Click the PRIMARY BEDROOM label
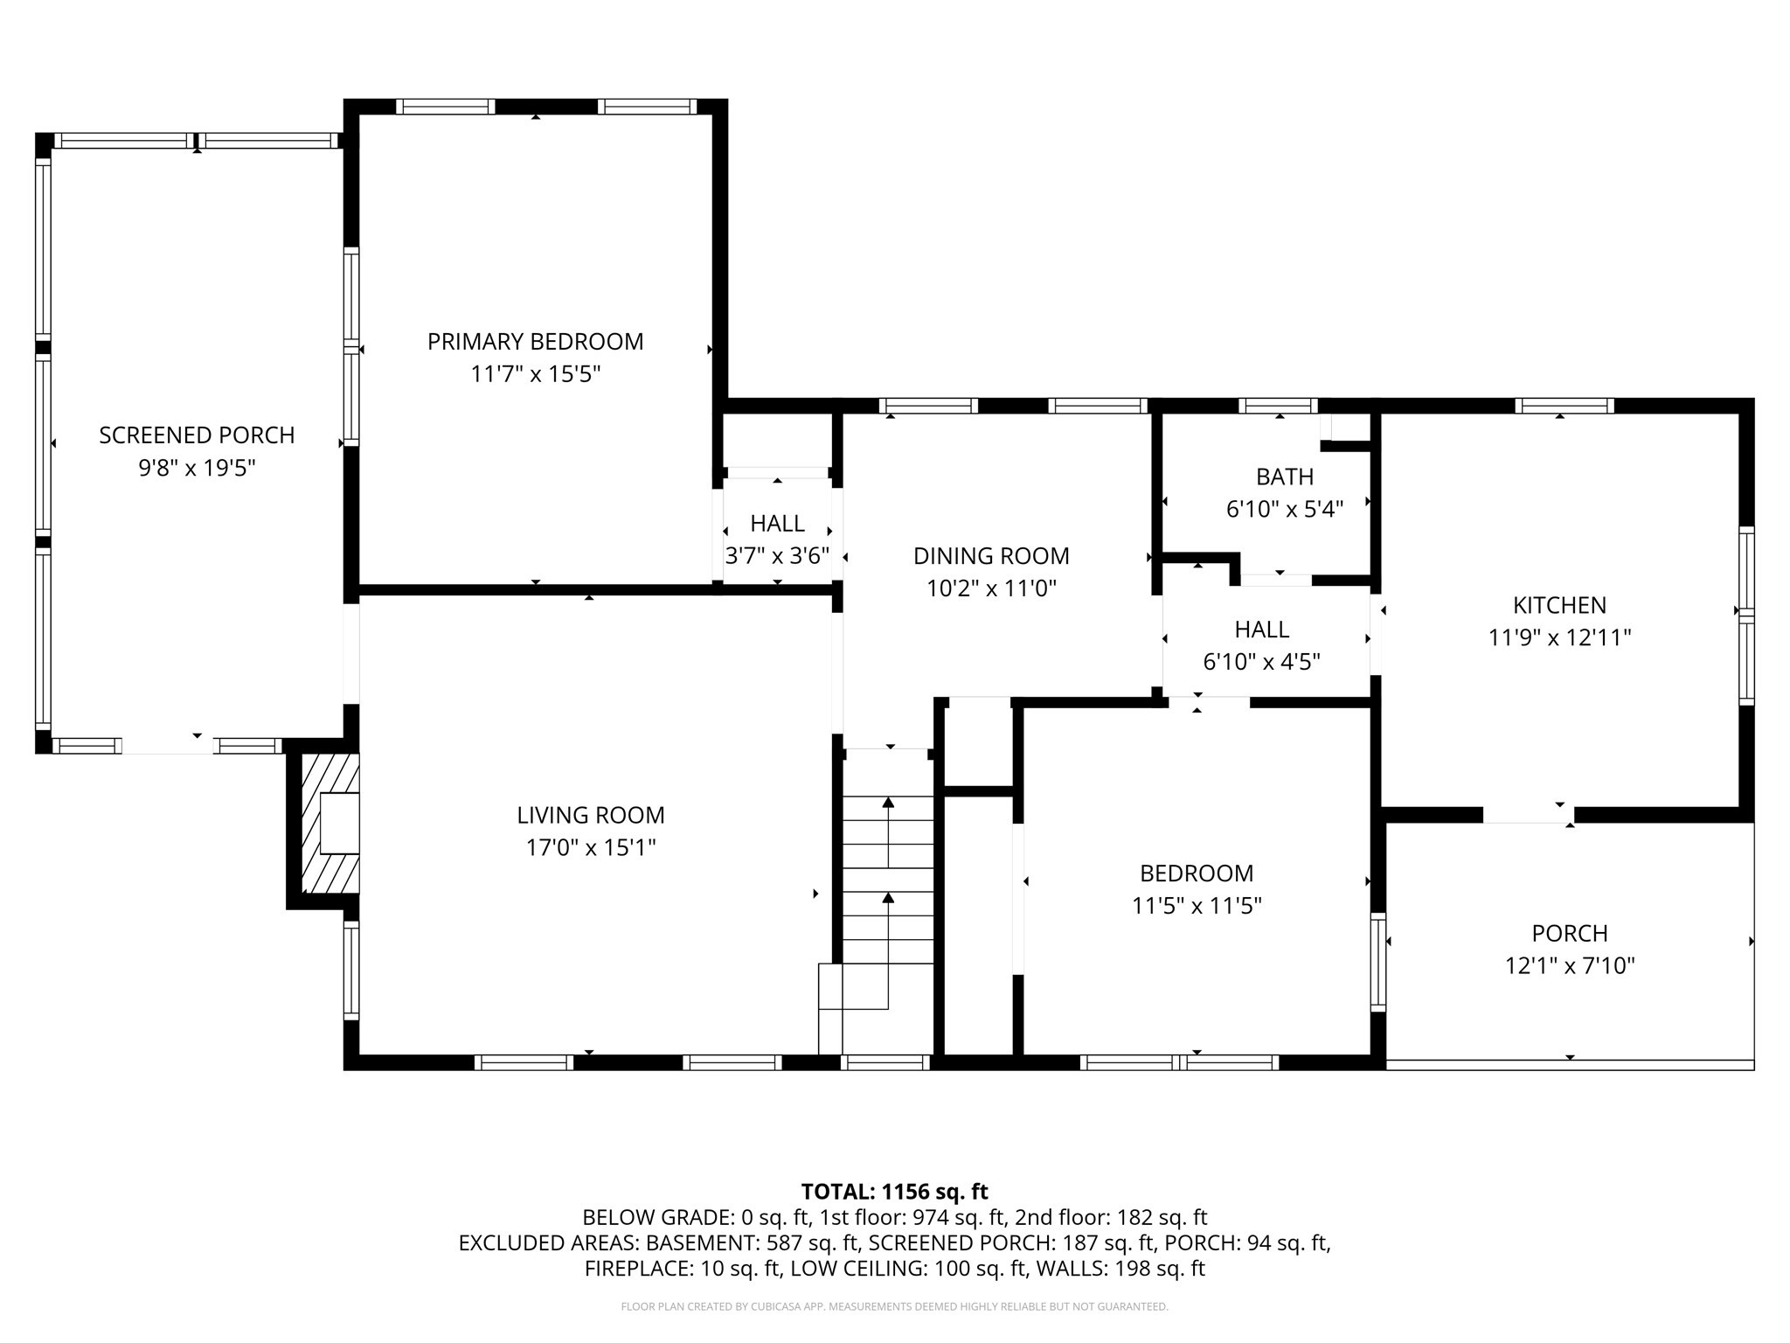[535, 341]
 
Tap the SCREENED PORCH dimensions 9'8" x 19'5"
[197, 468]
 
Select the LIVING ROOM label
[590, 815]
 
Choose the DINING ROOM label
[991, 556]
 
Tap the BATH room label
[1284, 477]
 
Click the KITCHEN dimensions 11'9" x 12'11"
[1559, 637]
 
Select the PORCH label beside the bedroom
[1569, 933]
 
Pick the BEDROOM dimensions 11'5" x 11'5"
[1196, 906]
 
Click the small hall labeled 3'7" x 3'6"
[777, 539]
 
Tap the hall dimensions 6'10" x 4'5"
[1261, 662]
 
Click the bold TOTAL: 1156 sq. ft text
[894, 1192]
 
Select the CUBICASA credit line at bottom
[894, 1307]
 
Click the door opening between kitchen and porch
[1528, 815]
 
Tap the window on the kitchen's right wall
[1745, 616]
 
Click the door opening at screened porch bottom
[168, 746]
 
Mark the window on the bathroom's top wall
[1278, 406]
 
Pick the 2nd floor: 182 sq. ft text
[1111, 1217]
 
